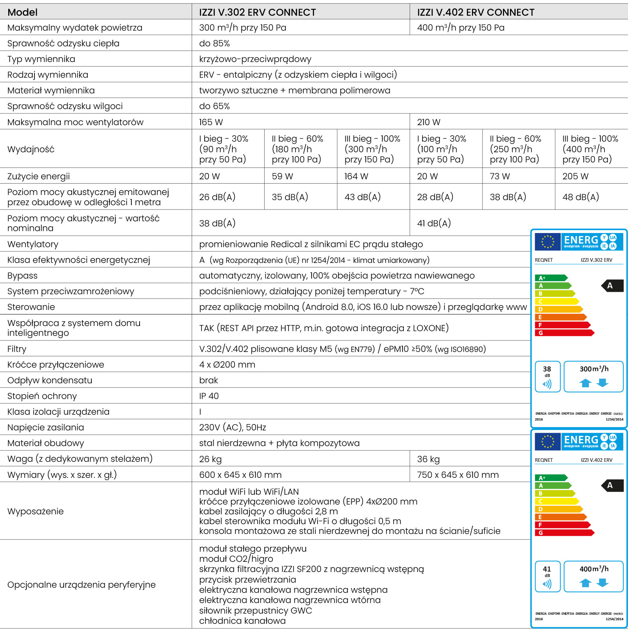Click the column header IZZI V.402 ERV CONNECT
476,12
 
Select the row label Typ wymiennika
41,59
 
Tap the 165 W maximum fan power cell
211,122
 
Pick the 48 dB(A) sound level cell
581,197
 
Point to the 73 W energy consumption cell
500,176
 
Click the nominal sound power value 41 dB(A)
434,223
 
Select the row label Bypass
22,275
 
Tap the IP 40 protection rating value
209,396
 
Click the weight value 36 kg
428,459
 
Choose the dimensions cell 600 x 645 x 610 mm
240,475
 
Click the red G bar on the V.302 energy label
564,333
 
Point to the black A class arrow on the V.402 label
612,485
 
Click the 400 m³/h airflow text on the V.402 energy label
594,569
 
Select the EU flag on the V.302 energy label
548,242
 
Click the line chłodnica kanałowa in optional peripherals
242,621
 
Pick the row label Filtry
17,349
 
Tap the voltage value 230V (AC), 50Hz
232,427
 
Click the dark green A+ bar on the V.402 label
551,478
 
